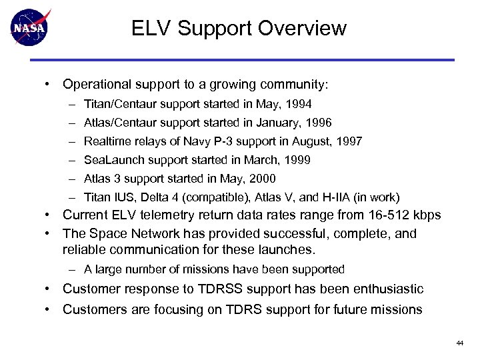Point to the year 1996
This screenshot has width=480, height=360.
319,123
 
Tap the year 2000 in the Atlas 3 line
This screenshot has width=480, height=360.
263,179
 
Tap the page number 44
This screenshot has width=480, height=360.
459,343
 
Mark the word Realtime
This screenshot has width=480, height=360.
107,141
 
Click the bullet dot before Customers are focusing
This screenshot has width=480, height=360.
50,309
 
